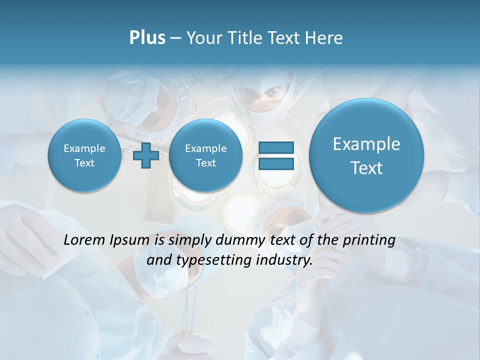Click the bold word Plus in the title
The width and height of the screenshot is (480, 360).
coord(147,38)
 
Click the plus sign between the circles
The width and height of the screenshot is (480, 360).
coord(146,155)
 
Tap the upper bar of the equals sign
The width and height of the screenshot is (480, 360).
coord(275,147)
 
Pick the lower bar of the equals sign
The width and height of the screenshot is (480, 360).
coord(275,164)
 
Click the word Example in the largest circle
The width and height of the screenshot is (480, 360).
coord(366,144)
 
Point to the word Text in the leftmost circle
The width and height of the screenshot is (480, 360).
coord(84,163)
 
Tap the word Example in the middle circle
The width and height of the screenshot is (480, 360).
coord(205,148)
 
